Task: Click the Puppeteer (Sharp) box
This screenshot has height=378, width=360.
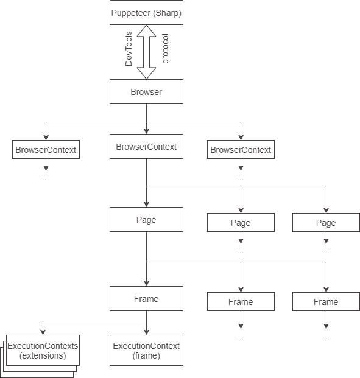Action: [146, 12]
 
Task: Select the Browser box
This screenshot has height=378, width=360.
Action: [146, 91]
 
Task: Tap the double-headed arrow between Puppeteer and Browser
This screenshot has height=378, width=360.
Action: [146, 52]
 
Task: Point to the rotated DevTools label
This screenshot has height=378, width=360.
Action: [129, 49]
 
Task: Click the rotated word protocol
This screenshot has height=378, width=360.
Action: [166, 49]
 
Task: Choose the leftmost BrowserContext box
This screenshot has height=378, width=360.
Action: [46, 150]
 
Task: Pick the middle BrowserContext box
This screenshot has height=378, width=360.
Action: [146, 146]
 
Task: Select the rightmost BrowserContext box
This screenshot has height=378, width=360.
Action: [241, 150]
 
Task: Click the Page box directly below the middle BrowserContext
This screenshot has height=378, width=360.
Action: [146, 219]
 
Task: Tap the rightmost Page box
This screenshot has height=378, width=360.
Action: [326, 223]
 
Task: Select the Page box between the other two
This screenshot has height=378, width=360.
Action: [241, 223]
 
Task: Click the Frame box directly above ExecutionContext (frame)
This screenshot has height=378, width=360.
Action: [146, 298]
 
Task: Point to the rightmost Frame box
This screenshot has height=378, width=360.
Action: [326, 301]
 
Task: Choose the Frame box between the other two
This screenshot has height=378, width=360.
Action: [241, 301]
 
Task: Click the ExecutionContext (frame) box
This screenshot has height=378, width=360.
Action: [146, 350]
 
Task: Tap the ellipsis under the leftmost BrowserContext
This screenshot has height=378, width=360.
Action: [46, 180]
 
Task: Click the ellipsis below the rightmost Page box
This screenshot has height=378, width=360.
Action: [326, 253]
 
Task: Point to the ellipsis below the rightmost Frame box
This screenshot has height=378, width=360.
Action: [326, 338]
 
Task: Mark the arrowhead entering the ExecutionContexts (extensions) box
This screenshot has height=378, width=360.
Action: [43, 332]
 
